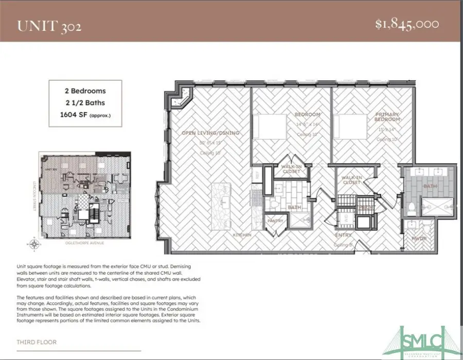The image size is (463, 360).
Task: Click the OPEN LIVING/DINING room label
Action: [210, 134]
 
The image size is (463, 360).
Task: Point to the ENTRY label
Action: [343, 236]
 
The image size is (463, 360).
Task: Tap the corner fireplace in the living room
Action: [184, 98]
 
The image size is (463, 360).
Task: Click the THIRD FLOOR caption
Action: [37, 342]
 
